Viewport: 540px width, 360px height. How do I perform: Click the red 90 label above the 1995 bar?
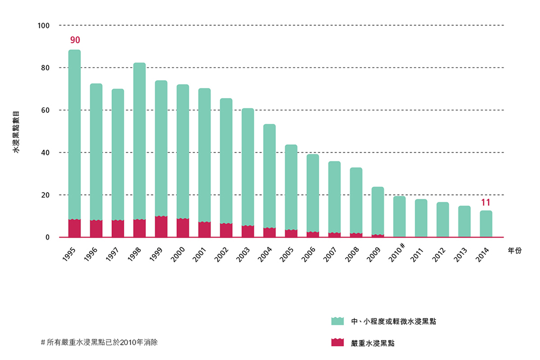click(75, 40)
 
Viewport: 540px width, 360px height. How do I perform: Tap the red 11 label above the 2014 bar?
click(485, 203)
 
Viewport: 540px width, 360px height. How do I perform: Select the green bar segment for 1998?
click(139, 140)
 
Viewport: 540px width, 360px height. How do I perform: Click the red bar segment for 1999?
click(161, 227)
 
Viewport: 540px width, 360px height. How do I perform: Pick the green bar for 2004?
click(269, 175)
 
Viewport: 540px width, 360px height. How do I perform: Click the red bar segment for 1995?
click(75, 228)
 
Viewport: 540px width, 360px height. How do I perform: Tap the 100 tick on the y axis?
click(44, 25)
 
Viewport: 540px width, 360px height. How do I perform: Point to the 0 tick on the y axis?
click(47, 237)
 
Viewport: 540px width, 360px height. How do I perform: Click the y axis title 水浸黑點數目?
click(16, 132)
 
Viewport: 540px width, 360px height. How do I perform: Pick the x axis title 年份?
click(515, 252)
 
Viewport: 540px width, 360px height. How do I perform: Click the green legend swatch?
click(337, 321)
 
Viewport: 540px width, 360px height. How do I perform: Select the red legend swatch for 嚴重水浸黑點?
click(337, 342)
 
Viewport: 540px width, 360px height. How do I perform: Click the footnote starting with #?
click(99, 342)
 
